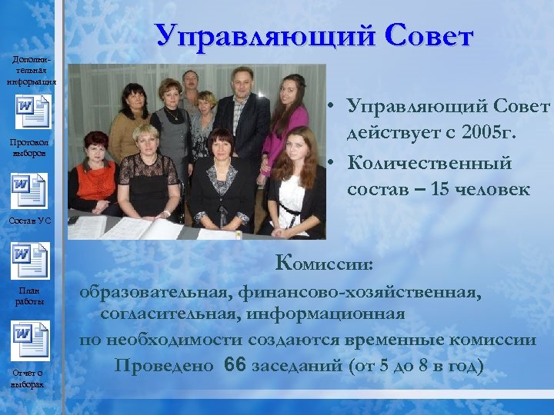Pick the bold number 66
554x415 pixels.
click(x=235, y=364)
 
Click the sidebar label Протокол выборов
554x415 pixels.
click(x=29, y=148)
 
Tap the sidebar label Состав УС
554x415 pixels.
click(x=29, y=221)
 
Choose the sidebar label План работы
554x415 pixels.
click(x=29, y=295)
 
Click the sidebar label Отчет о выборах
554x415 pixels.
click(x=29, y=378)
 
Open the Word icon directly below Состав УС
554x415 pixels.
click(x=31, y=259)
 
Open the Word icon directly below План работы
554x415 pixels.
click(x=31, y=339)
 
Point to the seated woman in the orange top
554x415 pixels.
click(x=93, y=173)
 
